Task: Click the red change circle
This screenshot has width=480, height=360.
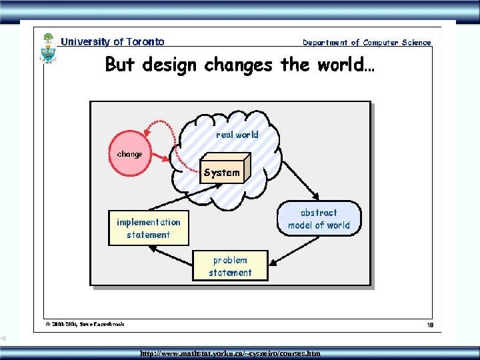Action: [130, 155]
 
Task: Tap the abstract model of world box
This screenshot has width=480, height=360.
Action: [319, 219]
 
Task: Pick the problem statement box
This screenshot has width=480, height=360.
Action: [230, 266]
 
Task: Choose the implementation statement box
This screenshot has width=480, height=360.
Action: [149, 228]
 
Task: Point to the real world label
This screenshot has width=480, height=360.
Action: [237, 135]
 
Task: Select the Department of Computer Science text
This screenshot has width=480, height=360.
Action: [367, 43]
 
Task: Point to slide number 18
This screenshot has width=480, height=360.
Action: [430, 325]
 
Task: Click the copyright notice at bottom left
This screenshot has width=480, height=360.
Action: [85, 325]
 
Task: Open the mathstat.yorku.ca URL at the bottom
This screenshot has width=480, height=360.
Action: [230, 353]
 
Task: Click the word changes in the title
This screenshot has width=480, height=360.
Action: [238, 65]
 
